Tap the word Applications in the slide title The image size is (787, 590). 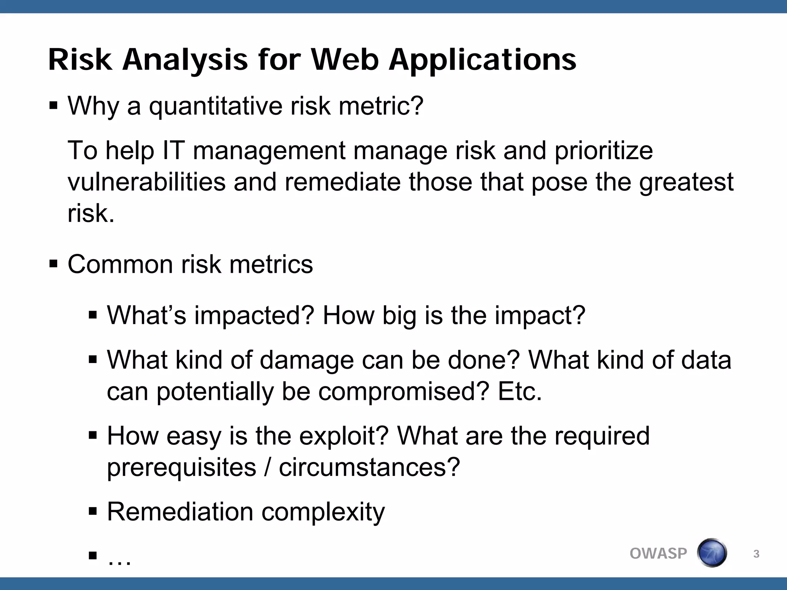[x=482, y=61]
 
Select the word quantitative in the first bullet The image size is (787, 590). [x=216, y=106]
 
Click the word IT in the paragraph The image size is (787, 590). [x=174, y=150]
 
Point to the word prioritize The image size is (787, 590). [x=603, y=151]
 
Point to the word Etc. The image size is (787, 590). [x=520, y=391]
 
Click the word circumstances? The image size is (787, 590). [x=369, y=467]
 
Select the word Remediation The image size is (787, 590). [x=180, y=512]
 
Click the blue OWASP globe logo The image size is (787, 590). [x=712, y=553]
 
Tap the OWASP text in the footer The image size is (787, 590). [x=658, y=554]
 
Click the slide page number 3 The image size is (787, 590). [x=756, y=554]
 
